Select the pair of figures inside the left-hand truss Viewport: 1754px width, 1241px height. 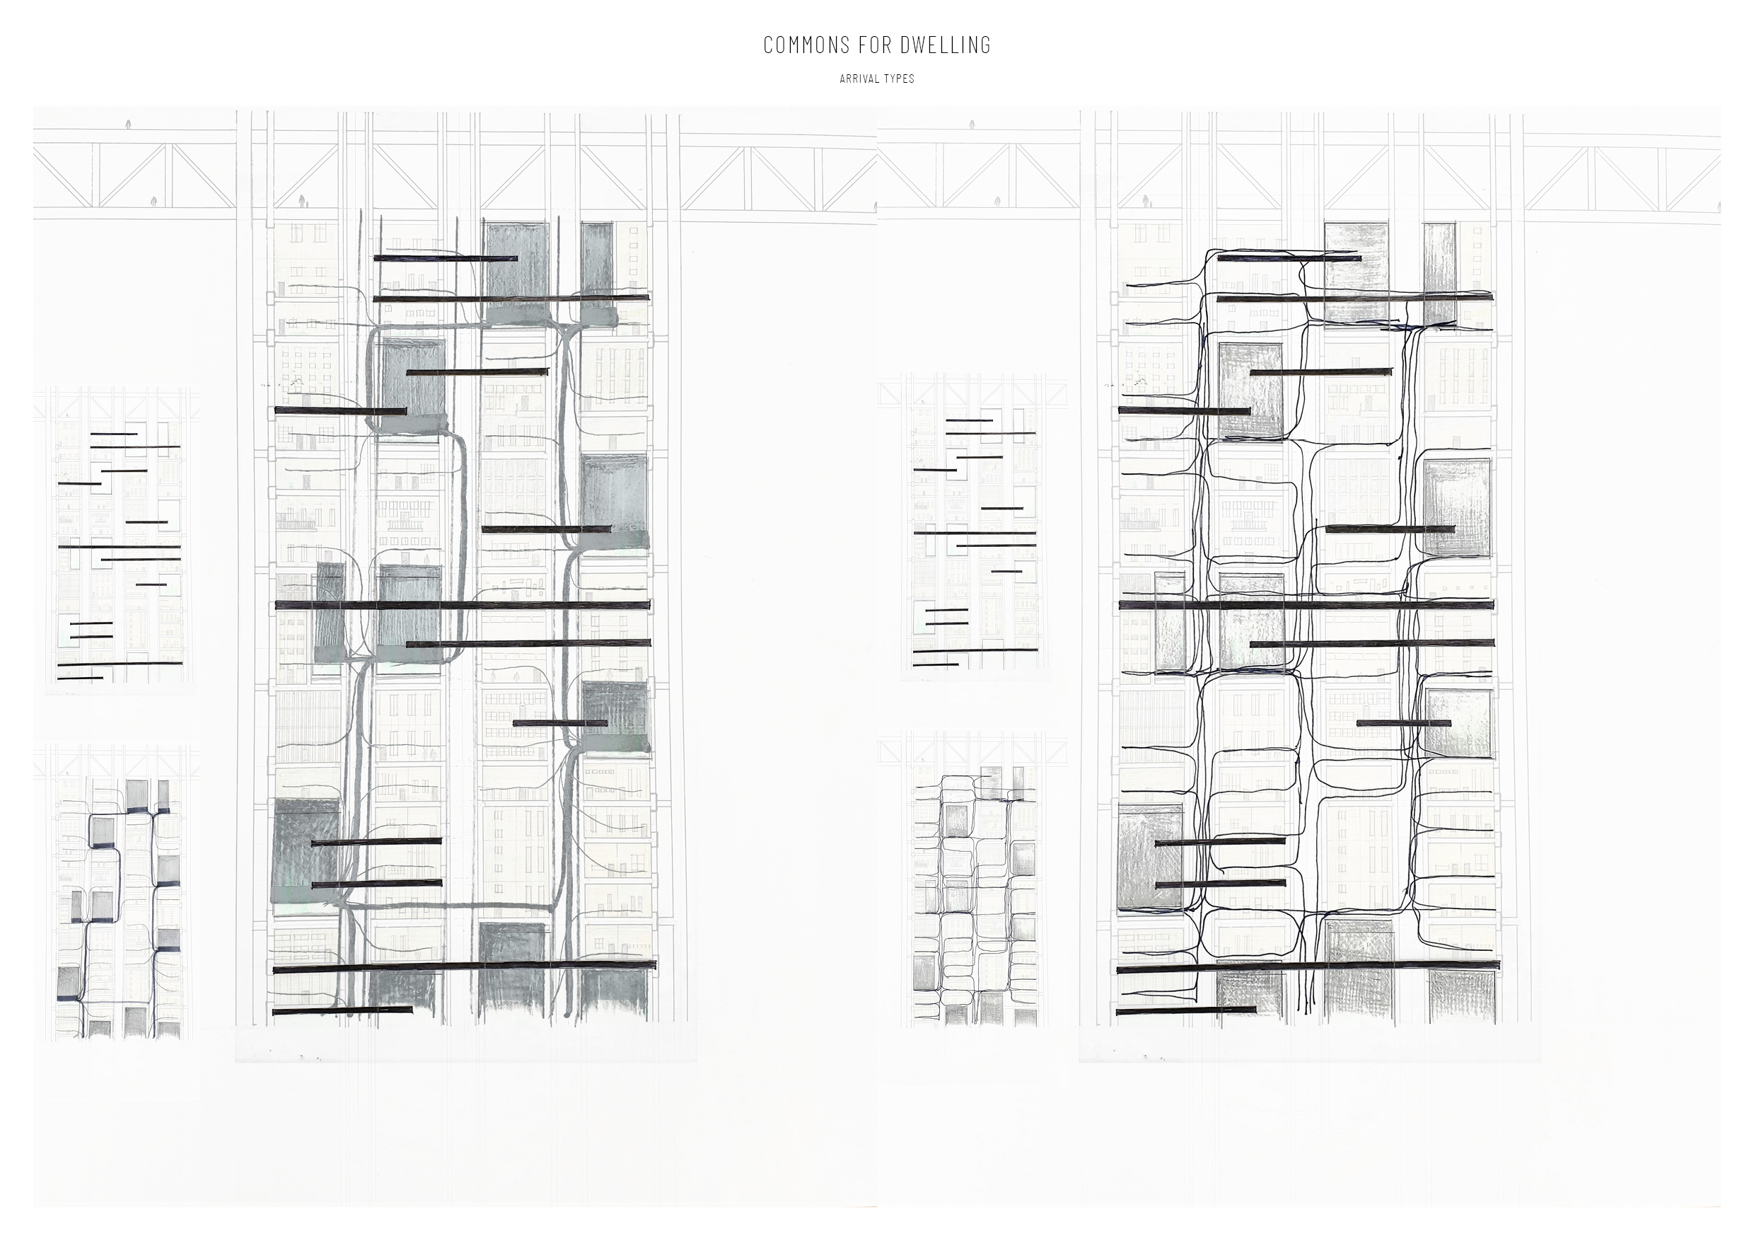point(303,201)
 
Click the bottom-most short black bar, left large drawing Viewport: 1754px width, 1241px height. point(342,1010)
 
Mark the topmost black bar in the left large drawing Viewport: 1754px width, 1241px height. point(446,258)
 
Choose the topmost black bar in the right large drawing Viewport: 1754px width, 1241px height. point(1289,258)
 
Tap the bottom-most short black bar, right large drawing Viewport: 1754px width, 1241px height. point(1186,1010)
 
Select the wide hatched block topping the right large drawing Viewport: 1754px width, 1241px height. point(1356,272)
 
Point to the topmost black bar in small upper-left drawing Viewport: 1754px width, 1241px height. point(114,434)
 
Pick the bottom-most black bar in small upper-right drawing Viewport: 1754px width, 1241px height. point(936,664)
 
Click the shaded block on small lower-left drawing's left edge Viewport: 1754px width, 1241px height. point(69,983)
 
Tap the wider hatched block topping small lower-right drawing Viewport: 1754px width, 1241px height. point(991,782)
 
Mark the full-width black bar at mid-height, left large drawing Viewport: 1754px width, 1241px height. point(462,605)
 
